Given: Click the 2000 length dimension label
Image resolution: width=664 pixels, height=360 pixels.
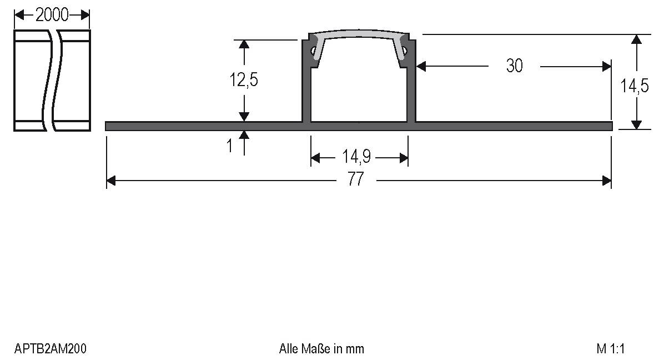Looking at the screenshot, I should [52, 15].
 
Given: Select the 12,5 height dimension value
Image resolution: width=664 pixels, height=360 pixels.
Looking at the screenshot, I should [244, 81].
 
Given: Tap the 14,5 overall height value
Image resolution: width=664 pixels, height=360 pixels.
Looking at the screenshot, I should [635, 87].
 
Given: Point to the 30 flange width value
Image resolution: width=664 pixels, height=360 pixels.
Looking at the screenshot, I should [514, 66].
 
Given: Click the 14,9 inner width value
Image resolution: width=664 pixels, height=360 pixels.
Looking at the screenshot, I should [356, 158].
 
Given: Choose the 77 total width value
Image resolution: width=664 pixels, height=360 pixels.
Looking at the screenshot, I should [356, 180].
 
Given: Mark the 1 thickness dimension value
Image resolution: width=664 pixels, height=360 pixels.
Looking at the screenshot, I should [230, 147].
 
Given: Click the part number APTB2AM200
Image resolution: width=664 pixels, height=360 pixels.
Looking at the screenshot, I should [50, 349].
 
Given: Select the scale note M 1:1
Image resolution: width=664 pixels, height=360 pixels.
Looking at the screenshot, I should [611, 349].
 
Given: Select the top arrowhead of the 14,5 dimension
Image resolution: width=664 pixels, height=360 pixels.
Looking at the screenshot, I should [637, 39].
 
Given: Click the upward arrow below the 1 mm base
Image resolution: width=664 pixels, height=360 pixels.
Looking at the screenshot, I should [244, 136].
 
